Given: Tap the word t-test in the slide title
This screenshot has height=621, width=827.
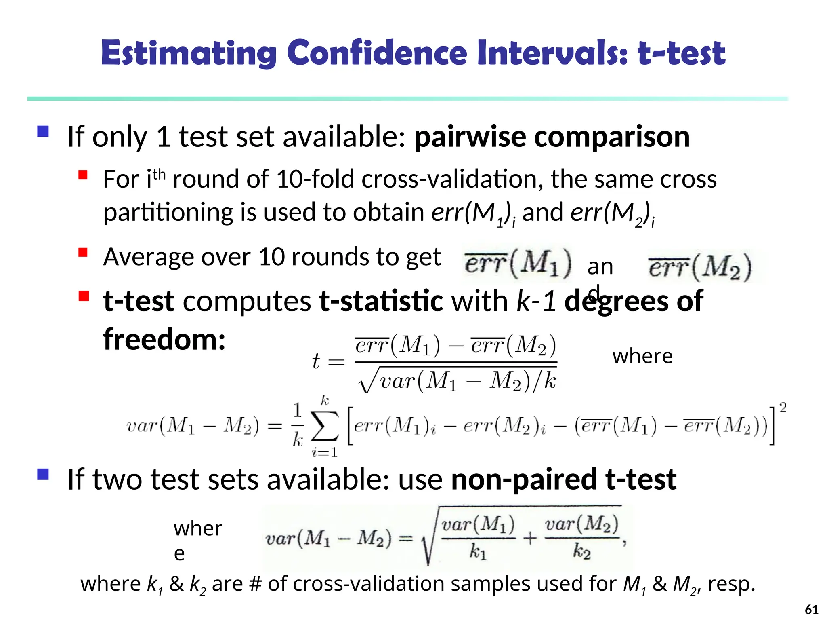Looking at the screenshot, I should [x=681, y=53].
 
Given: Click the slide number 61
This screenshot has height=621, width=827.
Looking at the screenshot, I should [x=811, y=609].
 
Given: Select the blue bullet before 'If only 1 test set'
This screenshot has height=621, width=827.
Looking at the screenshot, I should [x=43, y=131].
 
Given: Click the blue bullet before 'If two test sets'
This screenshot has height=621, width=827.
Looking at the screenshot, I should [x=43, y=474].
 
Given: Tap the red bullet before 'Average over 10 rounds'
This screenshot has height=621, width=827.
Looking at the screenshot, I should [x=83, y=253].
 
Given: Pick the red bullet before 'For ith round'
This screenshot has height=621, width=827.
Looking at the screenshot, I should [x=83, y=175].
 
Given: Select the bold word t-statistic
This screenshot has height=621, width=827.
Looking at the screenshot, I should [x=381, y=301].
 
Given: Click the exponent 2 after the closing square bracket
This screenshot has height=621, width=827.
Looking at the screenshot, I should [x=783, y=408].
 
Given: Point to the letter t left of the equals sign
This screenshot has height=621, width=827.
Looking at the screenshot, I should [x=316, y=361].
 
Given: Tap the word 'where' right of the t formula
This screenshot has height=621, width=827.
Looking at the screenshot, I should [x=642, y=356].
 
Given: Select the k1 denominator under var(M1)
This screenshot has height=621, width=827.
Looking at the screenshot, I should [x=478, y=551].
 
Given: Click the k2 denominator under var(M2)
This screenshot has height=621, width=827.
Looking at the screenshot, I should [x=581, y=551].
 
